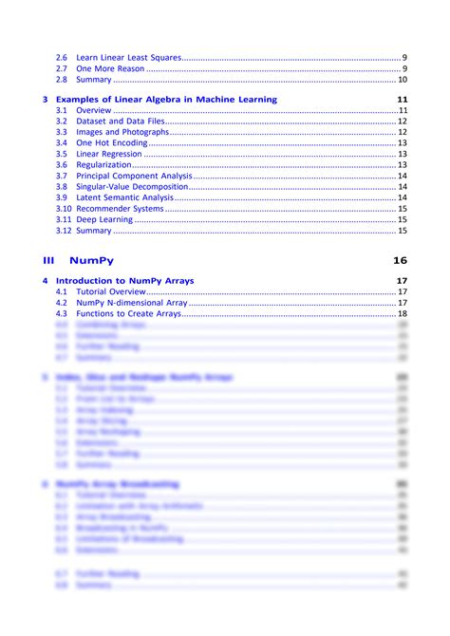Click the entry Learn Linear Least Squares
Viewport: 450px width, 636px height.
tap(127, 58)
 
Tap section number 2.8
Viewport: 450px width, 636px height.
tap(61, 80)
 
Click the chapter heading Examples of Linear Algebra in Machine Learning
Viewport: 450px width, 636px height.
tap(166, 100)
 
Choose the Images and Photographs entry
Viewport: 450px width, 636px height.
tap(122, 132)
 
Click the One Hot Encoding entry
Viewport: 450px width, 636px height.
tap(111, 142)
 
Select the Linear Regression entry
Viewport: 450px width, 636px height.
tap(110, 154)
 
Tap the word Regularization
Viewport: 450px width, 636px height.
tap(103, 165)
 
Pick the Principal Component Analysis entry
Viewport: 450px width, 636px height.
tap(134, 176)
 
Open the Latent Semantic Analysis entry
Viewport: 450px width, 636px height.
tap(124, 197)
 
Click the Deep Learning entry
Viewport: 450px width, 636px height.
tap(104, 219)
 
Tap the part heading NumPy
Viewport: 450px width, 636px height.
tap(91, 260)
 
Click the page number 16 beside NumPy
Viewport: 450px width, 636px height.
tap(399, 260)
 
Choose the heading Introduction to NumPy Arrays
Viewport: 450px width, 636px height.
tap(124, 281)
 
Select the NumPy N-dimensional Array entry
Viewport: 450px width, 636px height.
tap(132, 303)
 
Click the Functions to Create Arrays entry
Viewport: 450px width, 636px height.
tap(128, 313)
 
